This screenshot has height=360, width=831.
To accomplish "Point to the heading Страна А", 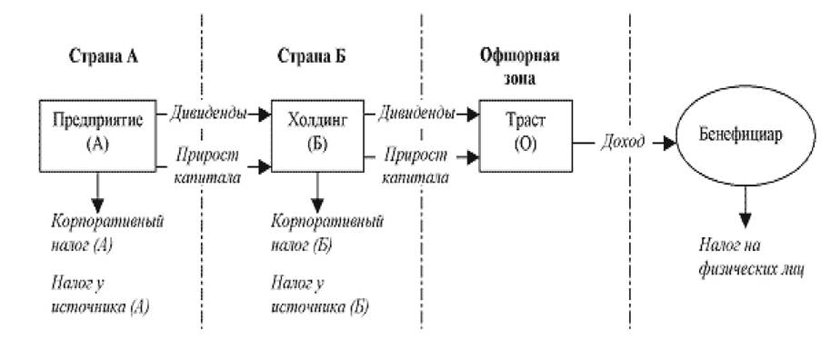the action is (104, 56).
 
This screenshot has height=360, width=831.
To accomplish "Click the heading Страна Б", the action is (312, 56).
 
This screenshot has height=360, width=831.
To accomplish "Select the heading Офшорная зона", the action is (519, 66).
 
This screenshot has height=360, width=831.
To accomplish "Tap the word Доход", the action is (623, 142).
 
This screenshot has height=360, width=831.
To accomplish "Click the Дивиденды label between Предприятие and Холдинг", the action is (207, 114).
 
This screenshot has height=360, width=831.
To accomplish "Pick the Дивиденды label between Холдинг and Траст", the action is (416, 114).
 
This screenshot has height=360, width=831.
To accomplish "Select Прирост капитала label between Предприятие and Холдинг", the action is (207, 166).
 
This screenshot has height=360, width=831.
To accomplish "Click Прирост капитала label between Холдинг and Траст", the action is (415, 166).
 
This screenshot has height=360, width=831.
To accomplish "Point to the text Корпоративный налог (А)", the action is (107, 233).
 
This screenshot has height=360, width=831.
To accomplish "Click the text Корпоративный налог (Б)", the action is (327, 233).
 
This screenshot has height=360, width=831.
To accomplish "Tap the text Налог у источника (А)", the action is (100, 295).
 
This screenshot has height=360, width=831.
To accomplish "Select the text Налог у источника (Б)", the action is (320, 295).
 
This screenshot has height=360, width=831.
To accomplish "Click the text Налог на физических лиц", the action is (752, 257).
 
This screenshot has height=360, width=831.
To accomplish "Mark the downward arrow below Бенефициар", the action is (746, 206).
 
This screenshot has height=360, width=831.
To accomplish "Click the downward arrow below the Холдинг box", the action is (317, 192).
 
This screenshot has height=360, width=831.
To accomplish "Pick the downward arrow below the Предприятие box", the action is (97, 192).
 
